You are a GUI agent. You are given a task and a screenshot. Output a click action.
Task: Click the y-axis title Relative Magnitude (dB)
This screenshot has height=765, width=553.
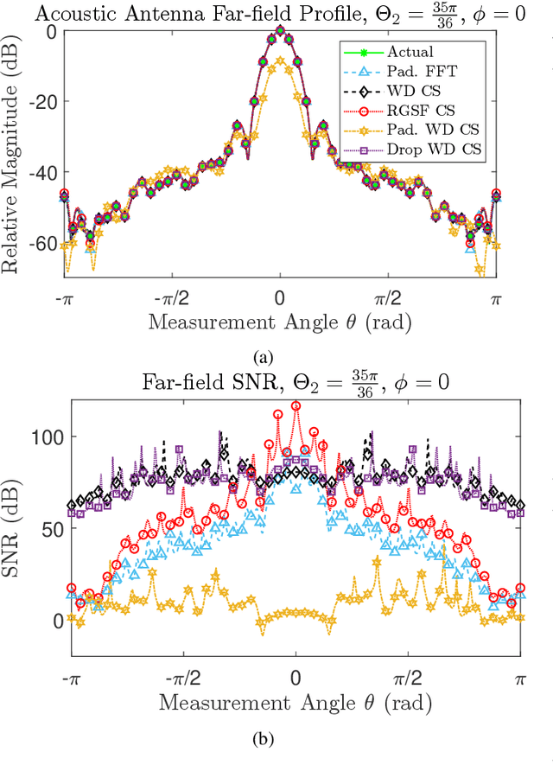15,151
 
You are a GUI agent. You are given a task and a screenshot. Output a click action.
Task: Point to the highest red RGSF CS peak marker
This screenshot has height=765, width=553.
296,405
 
